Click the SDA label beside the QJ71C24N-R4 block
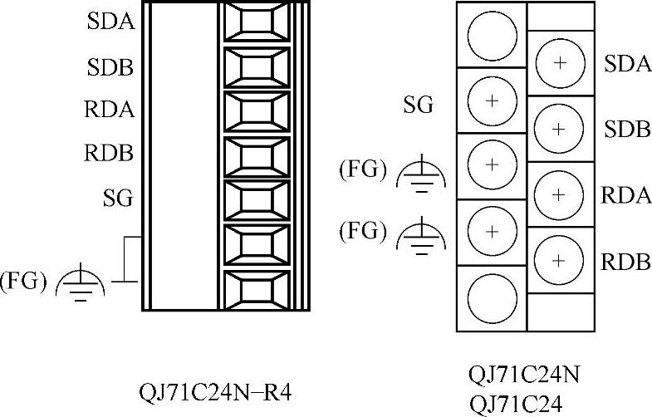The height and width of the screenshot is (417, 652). click(x=110, y=22)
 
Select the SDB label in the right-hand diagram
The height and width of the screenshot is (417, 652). click(x=626, y=129)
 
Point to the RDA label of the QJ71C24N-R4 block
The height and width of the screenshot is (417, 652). click(x=110, y=110)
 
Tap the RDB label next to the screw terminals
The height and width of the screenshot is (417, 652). click(x=626, y=260)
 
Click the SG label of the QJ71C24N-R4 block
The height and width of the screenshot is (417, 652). click(x=118, y=199)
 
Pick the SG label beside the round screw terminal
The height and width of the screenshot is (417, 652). click(x=419, y=105)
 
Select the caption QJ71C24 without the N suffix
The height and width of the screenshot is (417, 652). click(x=515, y=404)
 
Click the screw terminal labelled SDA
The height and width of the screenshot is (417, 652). click(x=559, y=63)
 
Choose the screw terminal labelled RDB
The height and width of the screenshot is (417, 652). click(x=559, y=260)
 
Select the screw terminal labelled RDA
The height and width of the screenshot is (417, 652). click(x=559, y=194)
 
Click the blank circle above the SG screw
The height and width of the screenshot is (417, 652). click(x=492, y=36)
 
